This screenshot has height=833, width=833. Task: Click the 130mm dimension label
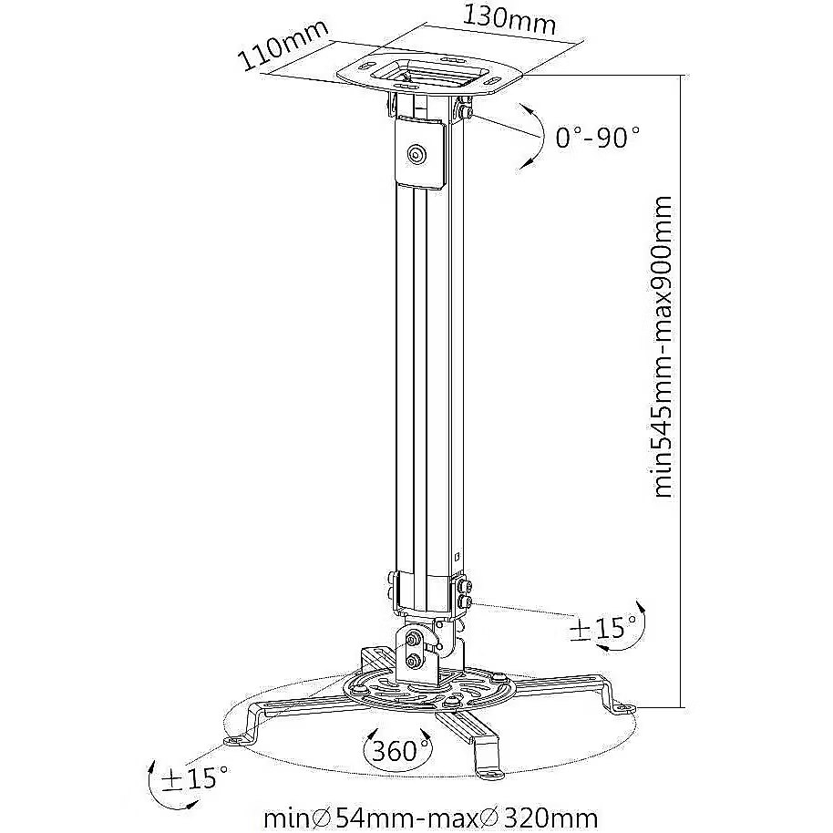[510, 20]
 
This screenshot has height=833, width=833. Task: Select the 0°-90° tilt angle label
[598, 137]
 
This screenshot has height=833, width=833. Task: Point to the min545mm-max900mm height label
[662, 347]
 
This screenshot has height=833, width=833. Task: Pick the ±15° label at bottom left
[196, 777]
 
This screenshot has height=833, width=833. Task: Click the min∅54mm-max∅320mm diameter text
[431, 818]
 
